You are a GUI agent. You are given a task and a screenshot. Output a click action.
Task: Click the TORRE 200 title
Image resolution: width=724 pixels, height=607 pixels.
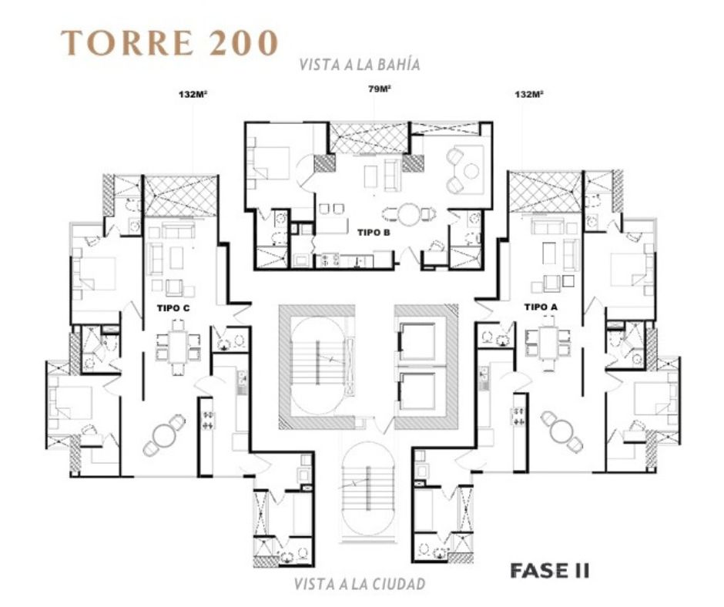[170, 43]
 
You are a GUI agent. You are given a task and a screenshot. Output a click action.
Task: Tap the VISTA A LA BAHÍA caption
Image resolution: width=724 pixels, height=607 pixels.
[360, 64]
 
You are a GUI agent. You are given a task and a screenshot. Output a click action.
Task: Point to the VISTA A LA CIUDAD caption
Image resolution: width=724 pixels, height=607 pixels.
[359, 584]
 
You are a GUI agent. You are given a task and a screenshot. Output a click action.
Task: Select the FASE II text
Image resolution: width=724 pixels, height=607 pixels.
[549, 571]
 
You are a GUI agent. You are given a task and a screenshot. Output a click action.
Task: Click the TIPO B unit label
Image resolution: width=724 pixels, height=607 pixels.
[374, 233]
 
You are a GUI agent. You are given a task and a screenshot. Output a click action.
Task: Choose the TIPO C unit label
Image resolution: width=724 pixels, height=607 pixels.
[173, 309]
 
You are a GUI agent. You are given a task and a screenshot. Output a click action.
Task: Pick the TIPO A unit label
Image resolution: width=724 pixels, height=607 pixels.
[541, 307]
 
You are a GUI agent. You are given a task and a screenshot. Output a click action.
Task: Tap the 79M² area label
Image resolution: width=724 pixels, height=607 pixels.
[379, 89]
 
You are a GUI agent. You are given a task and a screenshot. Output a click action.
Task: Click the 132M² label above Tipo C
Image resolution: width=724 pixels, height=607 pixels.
[193, 96]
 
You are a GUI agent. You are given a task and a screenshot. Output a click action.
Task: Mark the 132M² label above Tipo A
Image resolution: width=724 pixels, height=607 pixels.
[528, 95]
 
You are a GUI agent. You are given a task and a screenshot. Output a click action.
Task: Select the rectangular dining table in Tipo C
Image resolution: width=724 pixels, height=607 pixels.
[178, 346]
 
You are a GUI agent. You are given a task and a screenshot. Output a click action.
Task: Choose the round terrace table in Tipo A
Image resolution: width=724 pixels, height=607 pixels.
[562, 431]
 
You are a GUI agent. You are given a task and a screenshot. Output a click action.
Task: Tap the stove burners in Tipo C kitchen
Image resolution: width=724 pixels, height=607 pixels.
[208, 420]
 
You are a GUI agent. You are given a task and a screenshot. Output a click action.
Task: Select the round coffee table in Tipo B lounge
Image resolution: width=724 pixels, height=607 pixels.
[471, 171]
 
